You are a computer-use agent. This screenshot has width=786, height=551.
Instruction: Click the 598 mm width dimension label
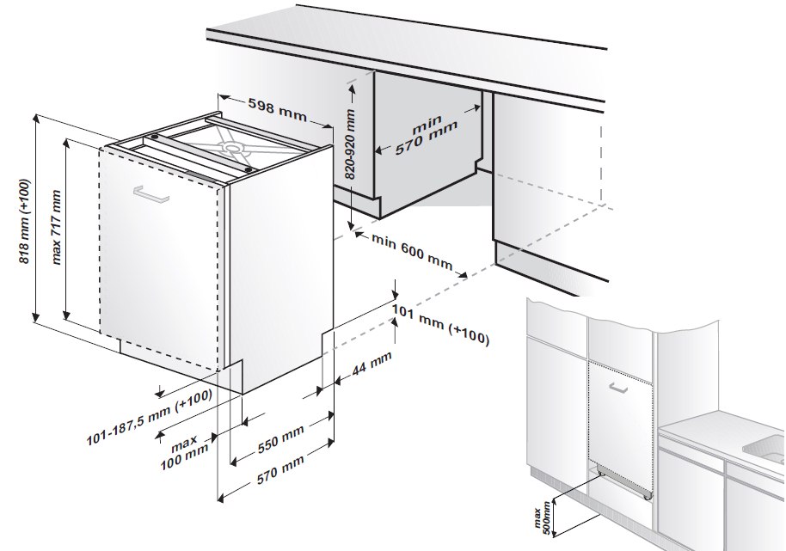click(277, 110)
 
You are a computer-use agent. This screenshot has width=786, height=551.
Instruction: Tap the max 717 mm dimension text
click(56, 227)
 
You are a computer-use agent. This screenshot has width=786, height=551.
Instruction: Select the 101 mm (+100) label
click(440, 325)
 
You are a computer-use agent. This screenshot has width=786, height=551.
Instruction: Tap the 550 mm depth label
click(280, 439)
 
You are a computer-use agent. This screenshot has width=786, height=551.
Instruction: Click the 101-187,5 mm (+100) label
click(150, 417)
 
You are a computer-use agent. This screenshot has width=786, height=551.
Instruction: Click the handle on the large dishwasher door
click(151, 194)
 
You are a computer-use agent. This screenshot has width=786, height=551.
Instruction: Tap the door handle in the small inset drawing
click(618, 387)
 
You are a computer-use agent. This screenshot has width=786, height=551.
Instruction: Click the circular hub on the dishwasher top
click(232, 147)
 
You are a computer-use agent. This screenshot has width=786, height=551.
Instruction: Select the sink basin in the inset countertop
click(765, 447)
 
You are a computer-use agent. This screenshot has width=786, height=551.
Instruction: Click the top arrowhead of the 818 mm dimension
click(35, 119)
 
